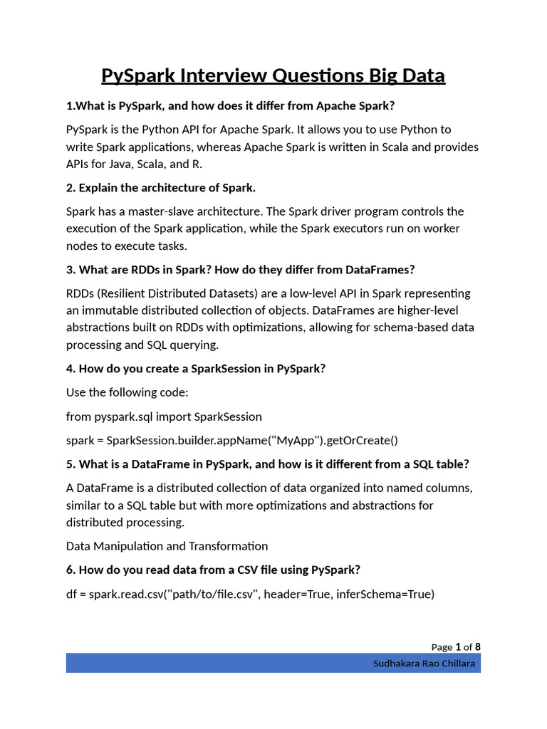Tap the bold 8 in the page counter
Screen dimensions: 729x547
[x=478, y=646]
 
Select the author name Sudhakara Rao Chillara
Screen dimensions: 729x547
[x=424, y=664]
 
